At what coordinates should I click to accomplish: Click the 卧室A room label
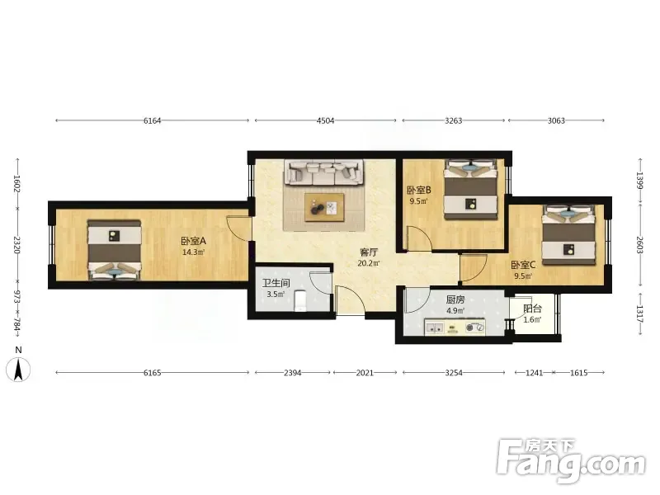pyautogui.click(x=194, y=241)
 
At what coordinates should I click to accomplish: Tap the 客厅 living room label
pyautogui.click(x=369, y=252)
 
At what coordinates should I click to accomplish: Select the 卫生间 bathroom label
pyautogui.click(x=276, y=283)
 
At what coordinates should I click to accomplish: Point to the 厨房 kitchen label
pyautogui.click(x=455, y=300)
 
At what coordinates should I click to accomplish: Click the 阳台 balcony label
pyautogui.click(x=532, y=309)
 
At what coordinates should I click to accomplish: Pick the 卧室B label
pyautogui.click(x=419, y=191)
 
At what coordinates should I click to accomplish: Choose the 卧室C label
pyautogui.click(x=523, y=265)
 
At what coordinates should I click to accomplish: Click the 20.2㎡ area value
pyautogui.click(x=369, y=263)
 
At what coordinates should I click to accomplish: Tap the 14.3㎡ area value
pyautogui.click(x=194, y=252)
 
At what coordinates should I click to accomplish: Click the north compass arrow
pyautogui.click(x=18, y=370)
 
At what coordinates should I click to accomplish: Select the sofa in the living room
pyautogui.click(x=324, y=172)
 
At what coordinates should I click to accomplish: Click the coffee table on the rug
pyautogui.click(x=324, y=207)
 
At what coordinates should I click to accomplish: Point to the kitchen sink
pyautogui.click(x=435, y=327)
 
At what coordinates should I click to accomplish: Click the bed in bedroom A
pyautogui.click(x=114, y=250)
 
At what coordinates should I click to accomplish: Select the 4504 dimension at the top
pyautogui.click(x=325, y=120)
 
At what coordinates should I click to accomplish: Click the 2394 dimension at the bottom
pyautogui.click(x=293, y=373)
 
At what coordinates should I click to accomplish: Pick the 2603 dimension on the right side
pyautogui.click(x=640, y=245)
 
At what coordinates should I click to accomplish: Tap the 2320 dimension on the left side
pyautogui.click(x=17, y=245)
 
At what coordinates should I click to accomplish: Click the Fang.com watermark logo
pyautogui.click(x=571, y=461)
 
